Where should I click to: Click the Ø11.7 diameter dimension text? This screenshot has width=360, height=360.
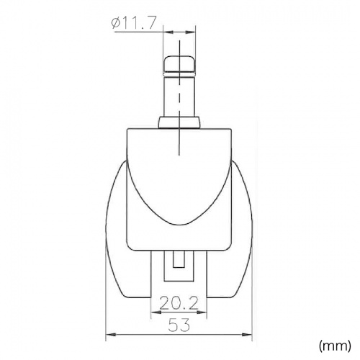[134, 22]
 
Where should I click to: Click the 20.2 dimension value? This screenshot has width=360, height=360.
[179, 303]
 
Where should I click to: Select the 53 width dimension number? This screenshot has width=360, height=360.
[179, 325]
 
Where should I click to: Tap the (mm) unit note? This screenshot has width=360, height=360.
[335, 346]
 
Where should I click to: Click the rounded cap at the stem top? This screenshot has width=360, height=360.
[179, 63]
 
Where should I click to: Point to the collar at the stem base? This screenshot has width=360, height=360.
[179, 122]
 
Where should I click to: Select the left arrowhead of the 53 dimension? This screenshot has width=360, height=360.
[111, 334]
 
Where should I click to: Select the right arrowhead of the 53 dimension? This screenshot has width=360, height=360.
[247, 334]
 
